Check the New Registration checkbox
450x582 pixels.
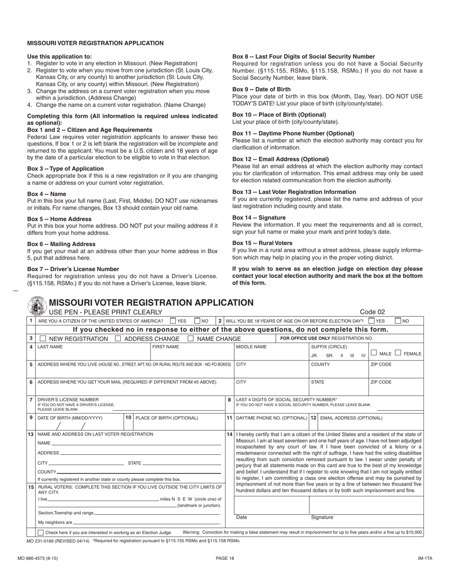tap(43, 338)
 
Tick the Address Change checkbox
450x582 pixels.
tap(118, 338)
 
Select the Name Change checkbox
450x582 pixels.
tap(190, 338)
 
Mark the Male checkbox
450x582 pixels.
tap(374, 353)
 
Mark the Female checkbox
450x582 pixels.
tap(398, 353)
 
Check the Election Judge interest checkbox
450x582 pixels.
tap(40, 533)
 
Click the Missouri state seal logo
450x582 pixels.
tap(37, 306)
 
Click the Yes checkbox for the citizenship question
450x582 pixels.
tap(173, 321)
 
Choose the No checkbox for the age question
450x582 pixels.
tap(398, 321)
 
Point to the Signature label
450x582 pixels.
tap(322, 517)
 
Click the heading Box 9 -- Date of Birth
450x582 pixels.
tap(261, 89)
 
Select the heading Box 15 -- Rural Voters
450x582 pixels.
tap(262, 243)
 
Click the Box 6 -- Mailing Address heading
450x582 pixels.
tap(62, 244)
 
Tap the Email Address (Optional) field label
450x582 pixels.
tap(351, 418)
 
